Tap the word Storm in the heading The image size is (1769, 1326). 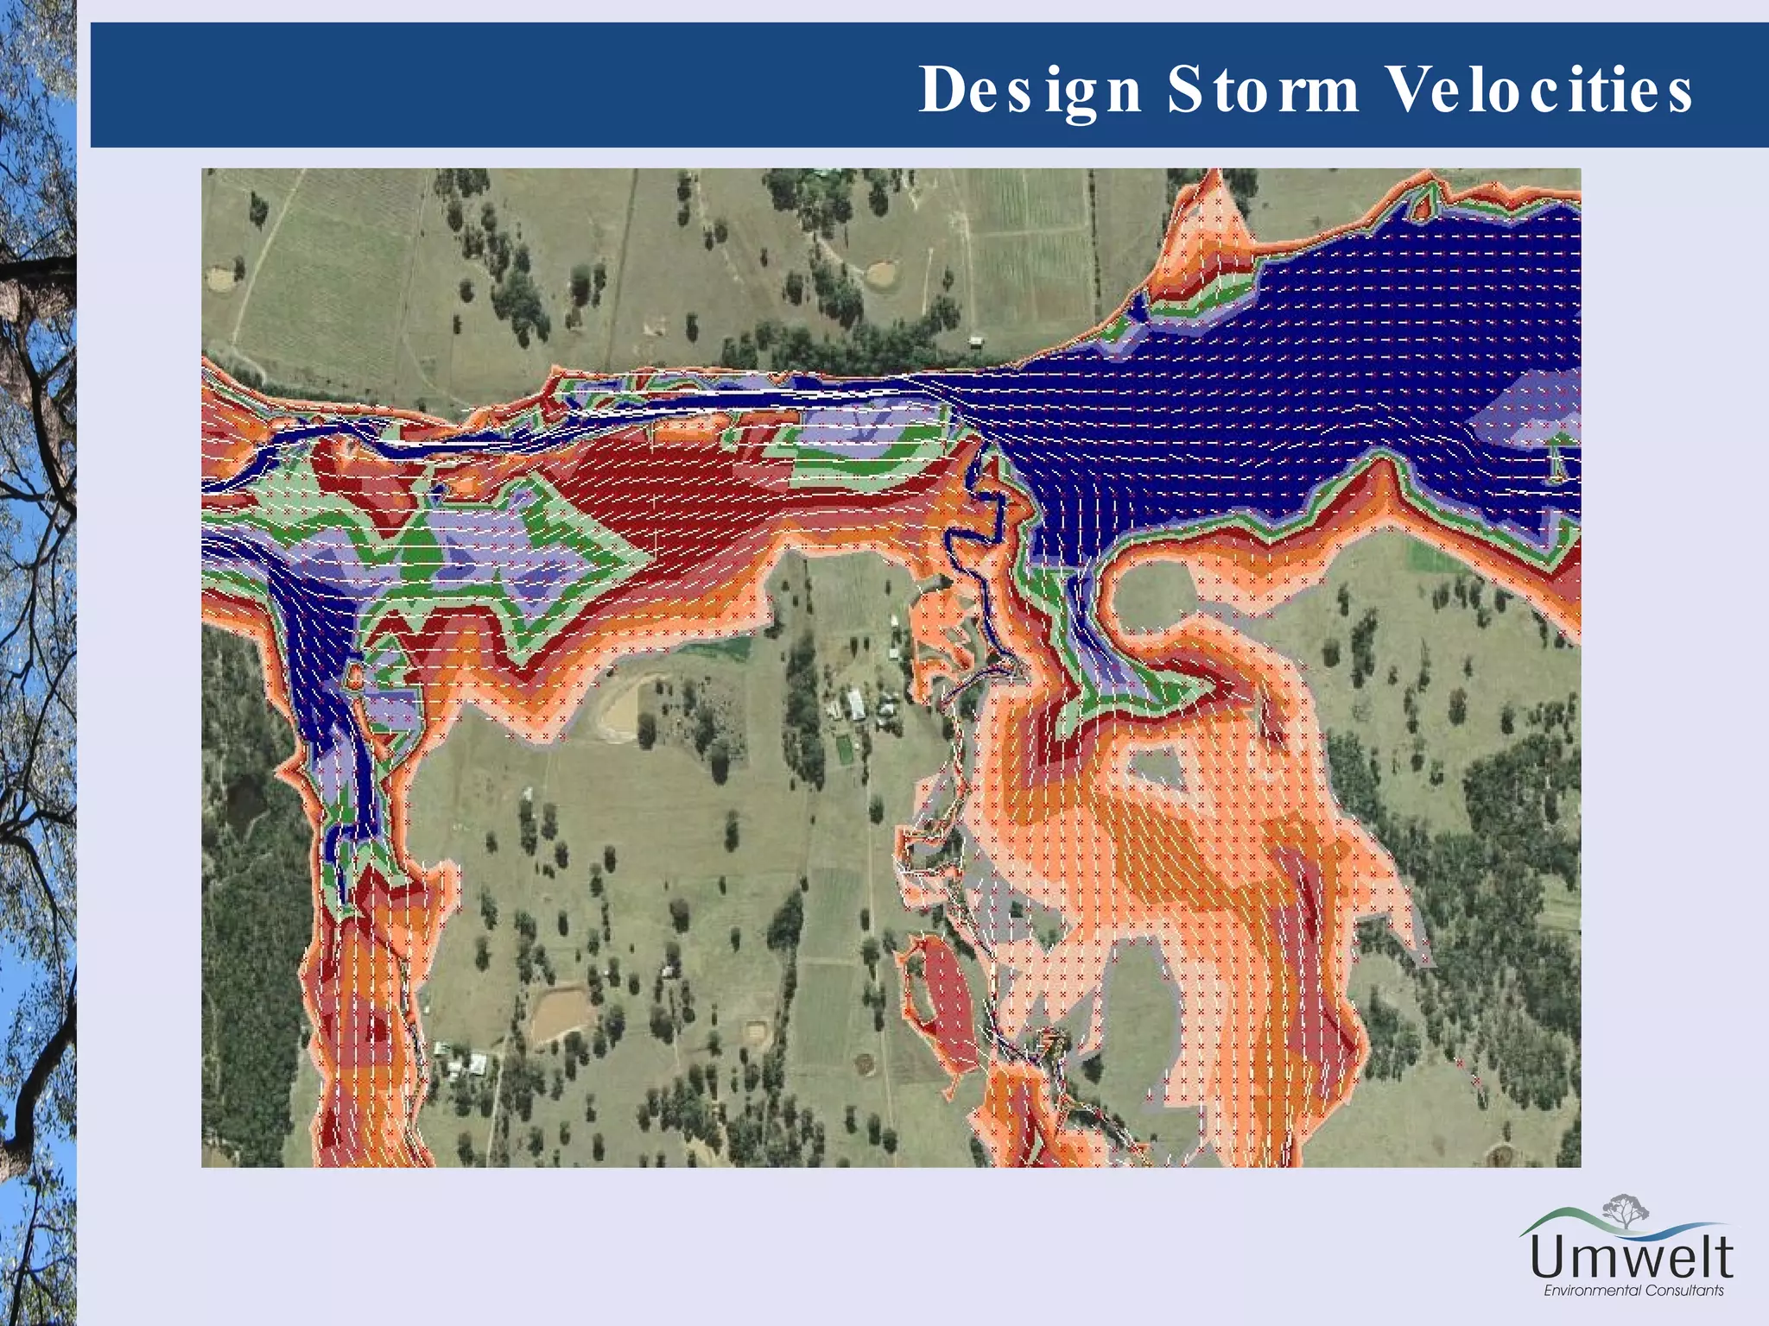pos(1263,91)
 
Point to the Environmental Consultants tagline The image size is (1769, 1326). pos(1633,1291)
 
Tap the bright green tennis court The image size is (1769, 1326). pos(844,750)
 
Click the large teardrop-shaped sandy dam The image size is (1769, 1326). pos(625,708)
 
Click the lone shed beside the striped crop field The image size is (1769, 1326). pos(975,342)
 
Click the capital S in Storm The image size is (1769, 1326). pos(1183,91)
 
